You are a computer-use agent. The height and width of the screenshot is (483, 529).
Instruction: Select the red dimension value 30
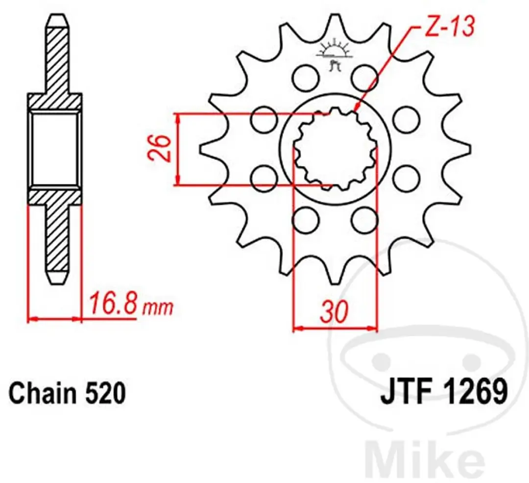click(334, 311)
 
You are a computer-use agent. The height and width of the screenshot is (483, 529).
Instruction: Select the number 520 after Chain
click(106, 392)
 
